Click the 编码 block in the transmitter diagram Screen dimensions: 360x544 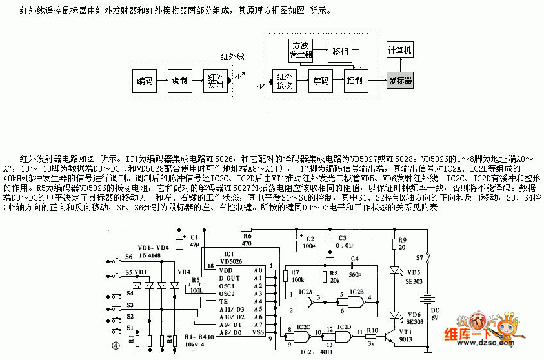click(x=145, y=81)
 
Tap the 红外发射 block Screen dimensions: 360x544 click(x=215, y=81)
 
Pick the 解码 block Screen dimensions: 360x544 click(x=321, y=81)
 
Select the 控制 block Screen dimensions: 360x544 click(x=354, y=81)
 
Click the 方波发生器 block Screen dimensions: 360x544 click(x=301, y=50)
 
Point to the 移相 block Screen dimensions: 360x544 click(x=340, y=50)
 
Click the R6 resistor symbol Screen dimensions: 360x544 click(x=245, y=230)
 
